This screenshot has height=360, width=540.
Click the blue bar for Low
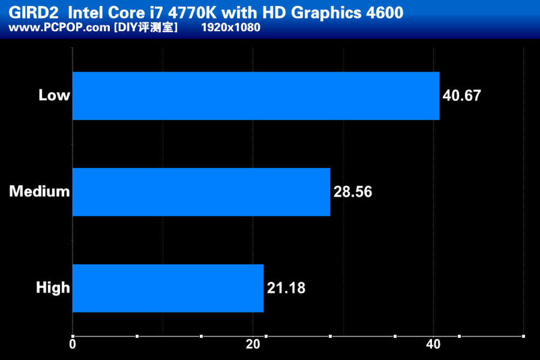(x=255, y=96)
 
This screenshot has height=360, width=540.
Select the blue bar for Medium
(x=201, y=192)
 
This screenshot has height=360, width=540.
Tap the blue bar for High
(x=168, y=288)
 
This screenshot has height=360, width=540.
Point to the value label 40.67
(x=461, y=96)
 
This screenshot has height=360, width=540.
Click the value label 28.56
(x=353, y=192)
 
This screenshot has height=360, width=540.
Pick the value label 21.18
(x=286, y=288)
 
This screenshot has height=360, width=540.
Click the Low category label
(x=55, y=96)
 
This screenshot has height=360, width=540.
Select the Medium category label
(x=40, y=192)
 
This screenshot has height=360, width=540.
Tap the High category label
(x=53, y=288)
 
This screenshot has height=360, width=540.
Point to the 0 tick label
(x=73, y=344)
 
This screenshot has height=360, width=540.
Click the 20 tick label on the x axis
(x=253, y=344)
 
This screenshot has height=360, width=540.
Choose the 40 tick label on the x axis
(x=433, y=344)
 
